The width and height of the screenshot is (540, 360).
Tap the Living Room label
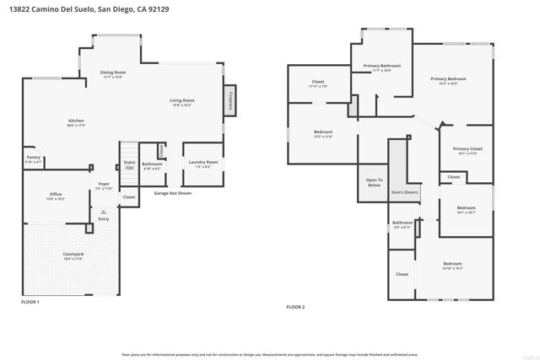[x=182, y=100]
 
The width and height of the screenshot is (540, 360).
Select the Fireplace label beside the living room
[x=230, y=100]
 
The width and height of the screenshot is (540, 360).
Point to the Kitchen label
[x=76, y=121]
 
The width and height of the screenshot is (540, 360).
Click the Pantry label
[x=33, y=157]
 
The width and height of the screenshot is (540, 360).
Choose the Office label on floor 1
[x=56, y=194]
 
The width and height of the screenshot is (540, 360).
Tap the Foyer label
[x=104, y=183]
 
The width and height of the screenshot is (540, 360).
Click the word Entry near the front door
[x=103, y=219]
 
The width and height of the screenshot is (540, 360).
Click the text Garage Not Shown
[x=172, y=193]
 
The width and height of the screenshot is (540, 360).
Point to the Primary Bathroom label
[x=382, y=65]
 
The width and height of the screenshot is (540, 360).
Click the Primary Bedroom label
[x=448, y=78]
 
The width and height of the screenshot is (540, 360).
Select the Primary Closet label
[x=467, y=149]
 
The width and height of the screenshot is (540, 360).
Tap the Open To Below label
[x=374, y=182]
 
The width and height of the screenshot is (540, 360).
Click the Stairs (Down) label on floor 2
[x=405, y=192]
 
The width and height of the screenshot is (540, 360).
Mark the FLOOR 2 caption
[x=295, y=307]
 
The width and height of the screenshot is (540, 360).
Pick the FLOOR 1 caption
[x=30, y=301]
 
